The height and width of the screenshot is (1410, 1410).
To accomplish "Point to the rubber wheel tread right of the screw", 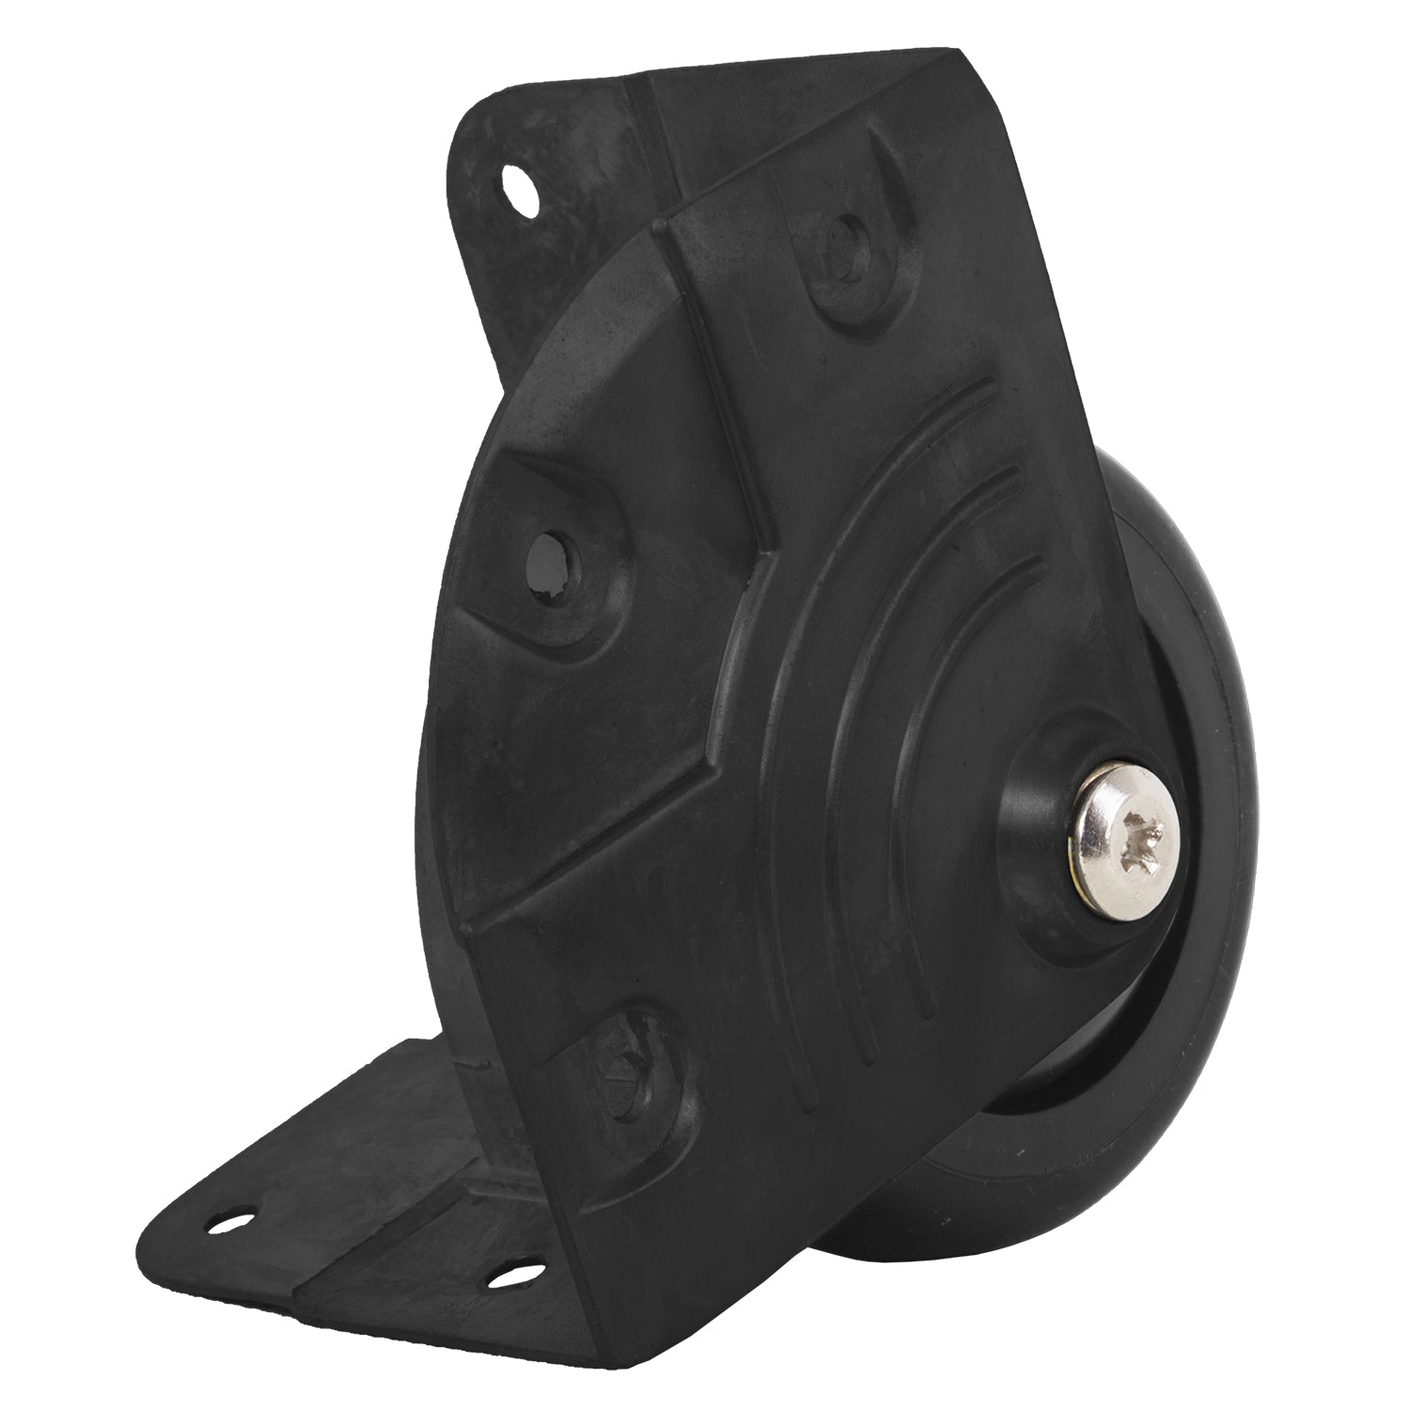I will click(x=1231, y=799).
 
